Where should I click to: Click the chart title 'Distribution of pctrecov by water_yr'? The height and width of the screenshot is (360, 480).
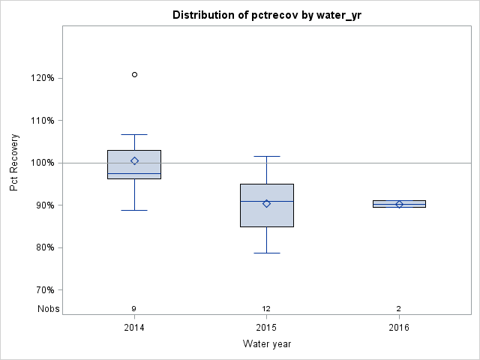point(266,15)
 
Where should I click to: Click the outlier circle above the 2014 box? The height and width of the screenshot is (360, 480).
point(134,74)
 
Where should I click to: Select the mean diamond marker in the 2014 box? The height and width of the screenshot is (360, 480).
point(134,160)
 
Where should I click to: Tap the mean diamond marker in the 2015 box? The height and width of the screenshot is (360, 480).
point(266,203)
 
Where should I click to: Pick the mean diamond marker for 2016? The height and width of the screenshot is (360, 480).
point(399,204)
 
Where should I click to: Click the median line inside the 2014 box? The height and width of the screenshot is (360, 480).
point(134,173)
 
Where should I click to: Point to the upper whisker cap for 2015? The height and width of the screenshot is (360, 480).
point(266,156)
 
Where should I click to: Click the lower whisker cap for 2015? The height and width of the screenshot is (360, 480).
point(266,253)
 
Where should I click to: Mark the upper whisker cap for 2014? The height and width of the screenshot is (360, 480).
point(134,134)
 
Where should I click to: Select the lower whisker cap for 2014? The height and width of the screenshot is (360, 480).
point(134,210)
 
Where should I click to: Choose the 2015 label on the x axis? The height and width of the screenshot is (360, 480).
point(266,328)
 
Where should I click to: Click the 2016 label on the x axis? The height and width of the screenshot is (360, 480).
point(399,328)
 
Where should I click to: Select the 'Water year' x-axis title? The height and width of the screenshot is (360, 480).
point(266,344)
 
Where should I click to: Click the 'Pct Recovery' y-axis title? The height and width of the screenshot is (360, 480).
point(14,163)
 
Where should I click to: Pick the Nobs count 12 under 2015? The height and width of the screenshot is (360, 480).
point(266,309)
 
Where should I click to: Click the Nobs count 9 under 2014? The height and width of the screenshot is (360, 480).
point(134,309)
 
